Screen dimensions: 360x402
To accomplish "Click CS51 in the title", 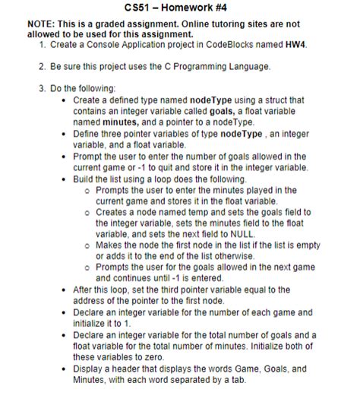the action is click(137, 8).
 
